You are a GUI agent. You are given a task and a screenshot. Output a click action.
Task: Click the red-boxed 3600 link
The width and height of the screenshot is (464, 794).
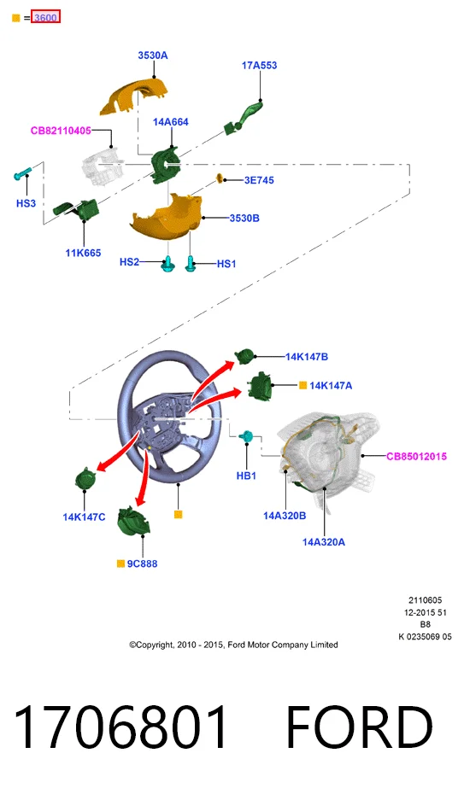[45, 17]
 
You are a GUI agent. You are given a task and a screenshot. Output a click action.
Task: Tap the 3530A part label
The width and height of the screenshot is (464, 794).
[153, 55]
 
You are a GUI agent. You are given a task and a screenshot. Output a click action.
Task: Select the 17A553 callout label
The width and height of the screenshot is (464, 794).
[260, 66]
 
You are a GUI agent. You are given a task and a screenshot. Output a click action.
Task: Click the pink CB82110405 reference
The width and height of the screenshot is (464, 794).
[61, 131]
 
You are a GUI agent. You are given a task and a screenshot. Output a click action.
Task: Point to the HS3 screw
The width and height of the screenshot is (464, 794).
[22, 173]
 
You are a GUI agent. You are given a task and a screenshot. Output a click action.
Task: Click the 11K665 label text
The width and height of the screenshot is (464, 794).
[83, 253]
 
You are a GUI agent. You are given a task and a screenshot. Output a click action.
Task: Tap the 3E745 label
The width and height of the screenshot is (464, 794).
[259, 180]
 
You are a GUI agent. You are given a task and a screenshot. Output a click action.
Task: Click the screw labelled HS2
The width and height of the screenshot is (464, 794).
[167, 265]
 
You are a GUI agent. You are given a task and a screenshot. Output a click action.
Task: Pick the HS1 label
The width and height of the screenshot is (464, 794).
[226, 264]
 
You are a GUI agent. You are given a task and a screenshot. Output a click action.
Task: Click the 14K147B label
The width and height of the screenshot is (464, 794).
[307, 357]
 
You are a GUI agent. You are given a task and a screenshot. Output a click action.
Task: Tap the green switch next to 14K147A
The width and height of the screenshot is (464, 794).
[260, 387]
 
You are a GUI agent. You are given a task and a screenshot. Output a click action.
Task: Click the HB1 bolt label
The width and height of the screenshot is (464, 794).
[247, 476]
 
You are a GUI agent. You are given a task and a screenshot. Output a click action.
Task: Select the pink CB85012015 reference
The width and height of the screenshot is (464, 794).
[416, 456]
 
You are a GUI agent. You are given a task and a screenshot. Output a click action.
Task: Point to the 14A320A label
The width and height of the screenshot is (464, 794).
[324, 542]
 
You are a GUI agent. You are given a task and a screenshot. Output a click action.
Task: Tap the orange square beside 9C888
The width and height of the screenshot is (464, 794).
[120, 563]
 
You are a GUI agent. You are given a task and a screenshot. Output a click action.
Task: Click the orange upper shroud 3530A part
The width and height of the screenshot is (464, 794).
[134, 96]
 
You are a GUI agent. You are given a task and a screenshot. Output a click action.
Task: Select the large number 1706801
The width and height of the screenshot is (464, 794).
[120, 727]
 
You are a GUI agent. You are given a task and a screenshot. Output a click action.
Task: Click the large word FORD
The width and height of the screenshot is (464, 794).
[360, 727]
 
